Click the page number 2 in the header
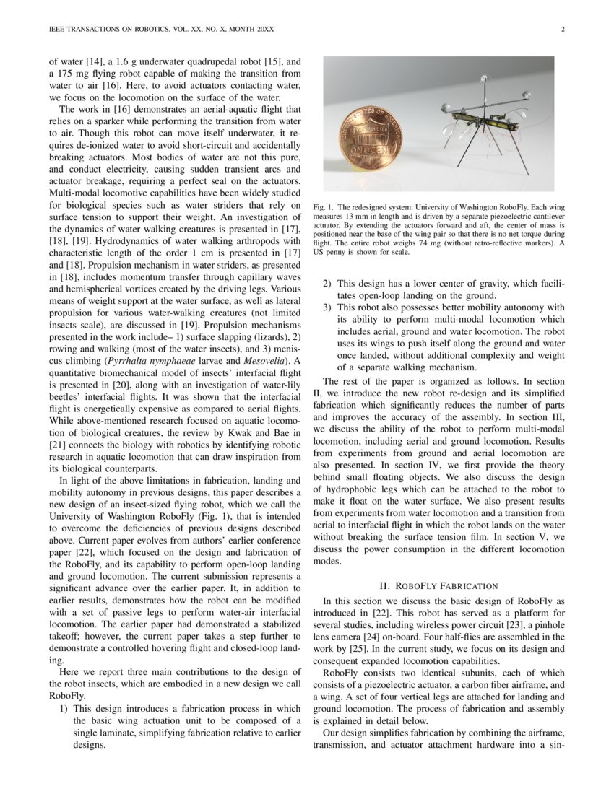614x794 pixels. point(561,30)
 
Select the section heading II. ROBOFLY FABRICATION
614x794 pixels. point(438,585)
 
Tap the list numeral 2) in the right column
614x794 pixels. point(328,284)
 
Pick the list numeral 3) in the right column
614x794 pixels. point(328,308)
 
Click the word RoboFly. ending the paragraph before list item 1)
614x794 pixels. point(69,697)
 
